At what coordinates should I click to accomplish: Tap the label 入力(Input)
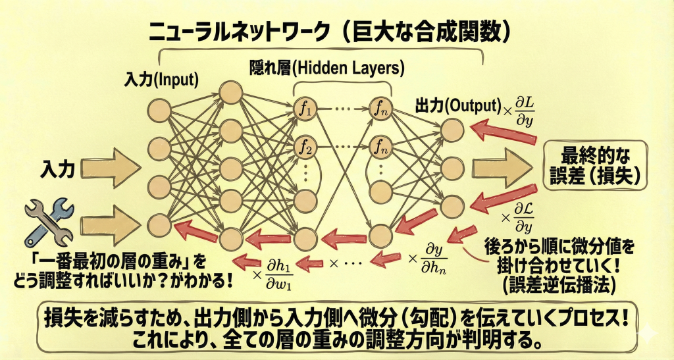[161, 80]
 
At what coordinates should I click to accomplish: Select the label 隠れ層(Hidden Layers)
[326, 67]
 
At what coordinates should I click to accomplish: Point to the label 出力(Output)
[457, 105]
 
